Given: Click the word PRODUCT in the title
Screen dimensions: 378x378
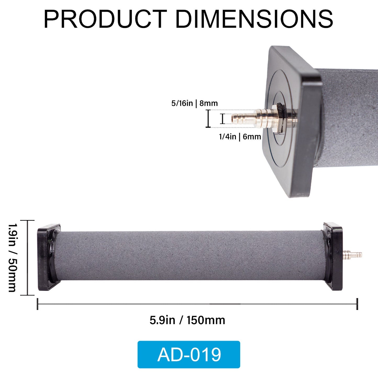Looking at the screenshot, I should point(105,19).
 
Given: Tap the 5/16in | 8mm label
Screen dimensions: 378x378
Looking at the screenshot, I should point(194,103).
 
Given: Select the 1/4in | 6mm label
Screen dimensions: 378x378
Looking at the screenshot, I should point(240,137).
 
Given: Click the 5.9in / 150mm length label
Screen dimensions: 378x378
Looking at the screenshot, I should point(187,320).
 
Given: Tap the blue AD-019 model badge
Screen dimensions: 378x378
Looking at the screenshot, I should point(189,354).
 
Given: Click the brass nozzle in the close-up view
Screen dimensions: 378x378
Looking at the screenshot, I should point(251,118).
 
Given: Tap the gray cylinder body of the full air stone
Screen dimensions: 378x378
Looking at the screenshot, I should point(188,256).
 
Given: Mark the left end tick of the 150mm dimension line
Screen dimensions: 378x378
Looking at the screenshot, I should point(38,304).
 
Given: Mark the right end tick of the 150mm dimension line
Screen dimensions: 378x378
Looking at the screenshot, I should point(357,304).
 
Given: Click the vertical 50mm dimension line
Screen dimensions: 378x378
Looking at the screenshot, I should point(27,258).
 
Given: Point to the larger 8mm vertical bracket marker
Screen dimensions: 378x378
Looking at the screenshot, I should point(208,119).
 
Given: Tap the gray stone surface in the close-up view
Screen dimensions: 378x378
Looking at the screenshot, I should point(351,118).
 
